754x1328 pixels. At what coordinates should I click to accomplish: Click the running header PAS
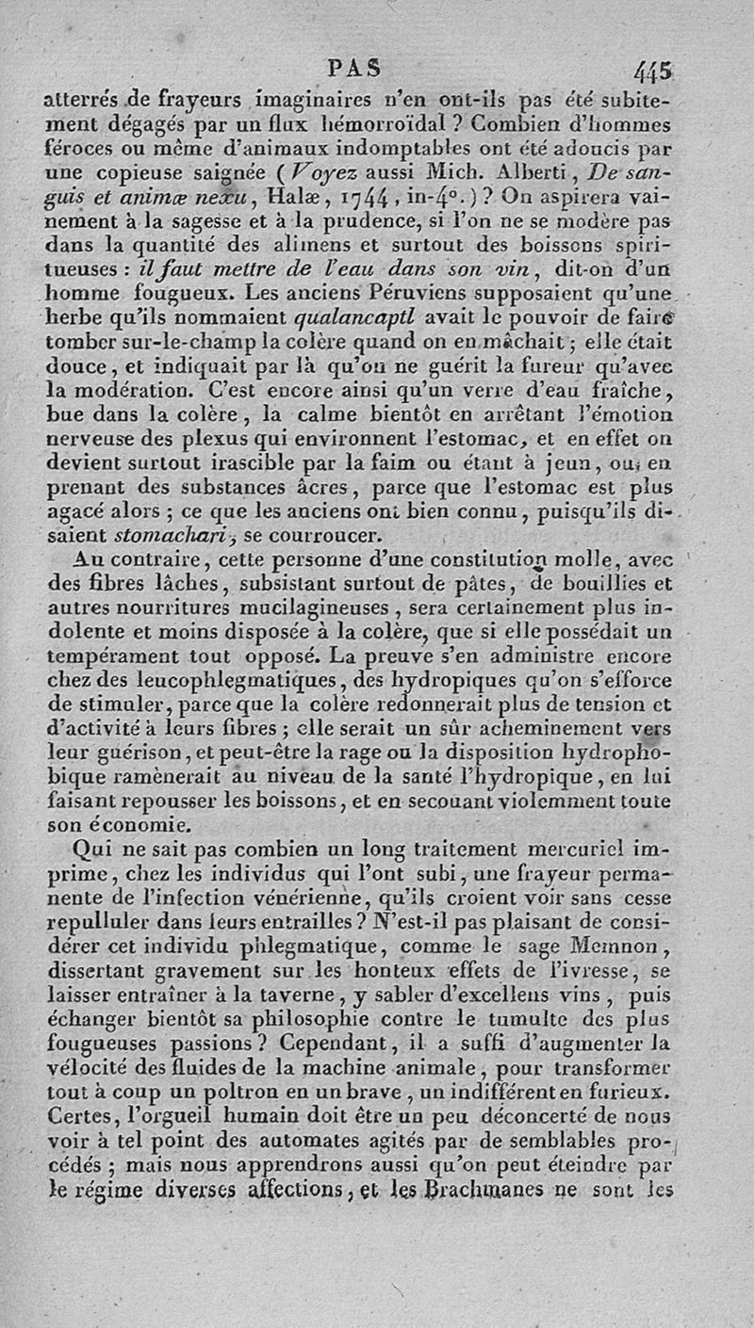pyautogui.click(x=354, y=68)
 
